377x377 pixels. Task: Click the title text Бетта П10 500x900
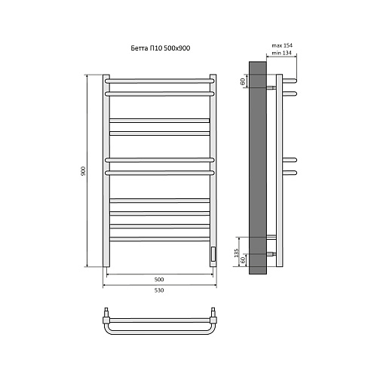point(161,48)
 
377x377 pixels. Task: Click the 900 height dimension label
point(84,171)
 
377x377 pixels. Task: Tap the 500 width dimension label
point(159,279)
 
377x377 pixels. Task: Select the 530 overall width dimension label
point(159,290)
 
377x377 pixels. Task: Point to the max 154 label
point(282,45)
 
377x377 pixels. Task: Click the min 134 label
point(282,53)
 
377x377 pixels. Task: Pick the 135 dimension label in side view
point(236,253)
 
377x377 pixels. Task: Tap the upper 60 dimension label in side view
point(243,81)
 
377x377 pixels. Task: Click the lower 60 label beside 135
point(243,260)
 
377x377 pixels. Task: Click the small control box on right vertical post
point(213,254)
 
